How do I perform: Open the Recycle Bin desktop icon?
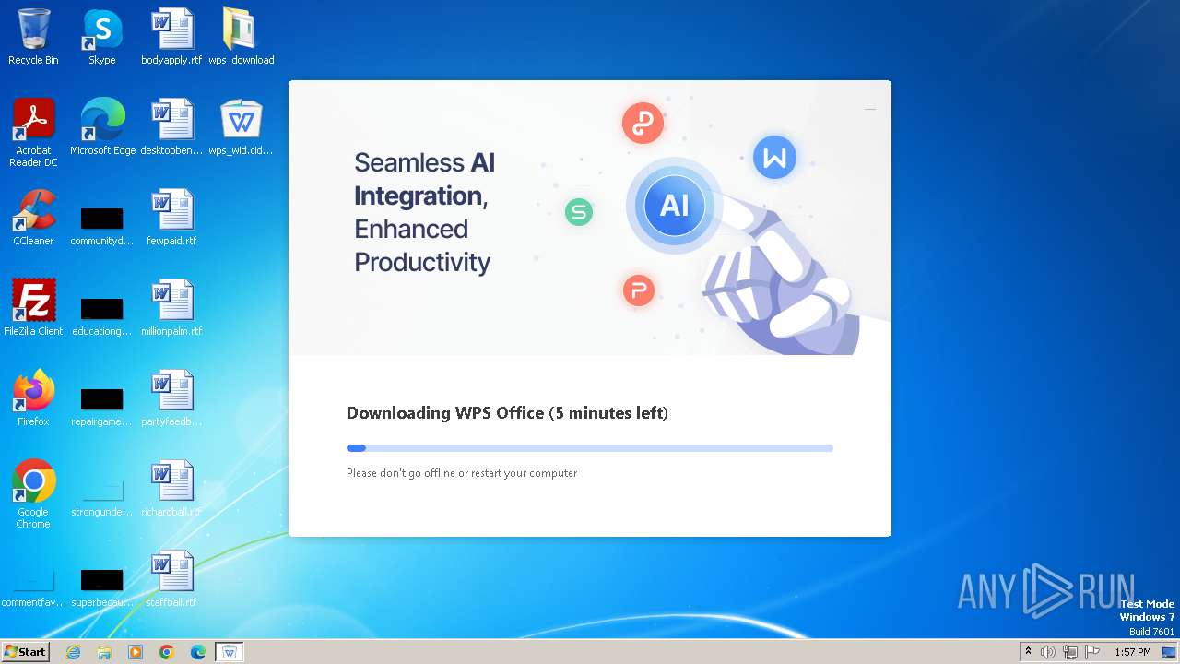coord(33,30)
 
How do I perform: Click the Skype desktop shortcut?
coord(101,30)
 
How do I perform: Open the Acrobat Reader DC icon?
coord(33,121)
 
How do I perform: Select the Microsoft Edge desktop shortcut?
coord(102,121)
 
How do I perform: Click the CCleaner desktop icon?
coord(33,211)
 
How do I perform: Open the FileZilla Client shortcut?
coord(33,302)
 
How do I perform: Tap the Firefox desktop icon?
coord(33,392)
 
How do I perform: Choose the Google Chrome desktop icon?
coord(33,482)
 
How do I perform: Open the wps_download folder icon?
coord(241,30)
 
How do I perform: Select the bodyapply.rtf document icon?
coord(171,30)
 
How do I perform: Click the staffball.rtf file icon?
coord(171,573)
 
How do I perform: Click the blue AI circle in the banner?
coord(674,205)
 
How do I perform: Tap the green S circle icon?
coord(579,212)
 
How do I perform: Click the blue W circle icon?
coord(774,158)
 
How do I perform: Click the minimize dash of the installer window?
coord(870,109)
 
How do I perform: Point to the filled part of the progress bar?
coord(356,448)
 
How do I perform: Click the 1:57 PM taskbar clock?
coord(1132,652)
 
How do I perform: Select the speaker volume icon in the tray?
coord(1048,652)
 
